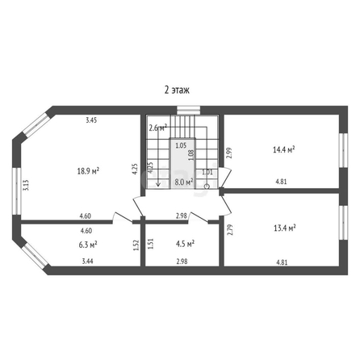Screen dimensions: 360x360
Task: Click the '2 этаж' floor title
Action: [177, 90]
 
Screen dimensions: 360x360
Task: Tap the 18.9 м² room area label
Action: [88, 171]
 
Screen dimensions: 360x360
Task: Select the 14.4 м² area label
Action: [284, 149]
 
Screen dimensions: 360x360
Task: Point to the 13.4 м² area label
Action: [285, 228]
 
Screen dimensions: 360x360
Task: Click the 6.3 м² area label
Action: [88, 245]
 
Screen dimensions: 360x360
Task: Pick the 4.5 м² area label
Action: [185, 244]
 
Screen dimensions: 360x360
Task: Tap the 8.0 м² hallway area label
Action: [184, 182]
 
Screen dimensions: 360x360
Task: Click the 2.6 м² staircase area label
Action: [158, 128]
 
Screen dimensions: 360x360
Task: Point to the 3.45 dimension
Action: [91, 120]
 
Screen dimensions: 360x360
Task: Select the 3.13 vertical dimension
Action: [26, 185]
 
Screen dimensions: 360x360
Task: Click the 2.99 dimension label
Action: [229, 153]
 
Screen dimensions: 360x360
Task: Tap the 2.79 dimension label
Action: [229, 230]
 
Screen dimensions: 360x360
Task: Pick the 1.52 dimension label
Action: [136, 245]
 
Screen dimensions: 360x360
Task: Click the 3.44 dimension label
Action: [87, 261]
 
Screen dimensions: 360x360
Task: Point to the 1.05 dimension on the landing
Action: [181, 146]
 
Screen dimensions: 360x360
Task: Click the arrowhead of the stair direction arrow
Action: [158, 184]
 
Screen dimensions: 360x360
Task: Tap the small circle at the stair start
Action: [207, 186]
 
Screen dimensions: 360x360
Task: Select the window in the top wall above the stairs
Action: [188, 110]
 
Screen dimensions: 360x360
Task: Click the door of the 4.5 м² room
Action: [198, 217]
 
